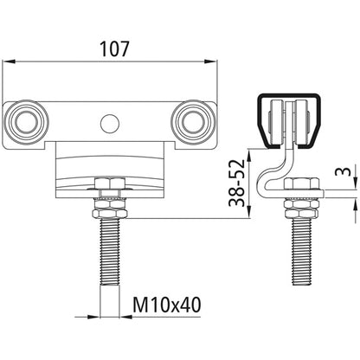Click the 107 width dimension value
[112, 49]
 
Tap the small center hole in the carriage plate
[108, 123]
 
